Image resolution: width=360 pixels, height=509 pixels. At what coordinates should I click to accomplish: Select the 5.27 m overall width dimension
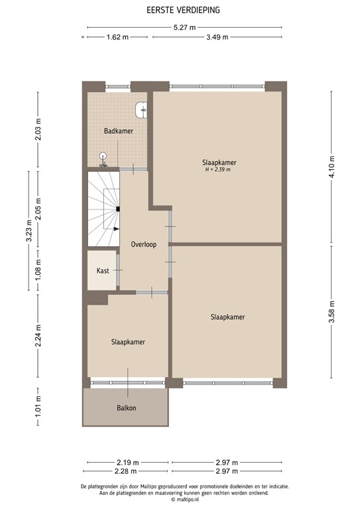(184, 28)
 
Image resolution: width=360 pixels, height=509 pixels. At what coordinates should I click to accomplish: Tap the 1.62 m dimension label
(117, 37)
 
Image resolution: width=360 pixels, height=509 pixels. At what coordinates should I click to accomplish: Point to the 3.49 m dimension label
(216, 37)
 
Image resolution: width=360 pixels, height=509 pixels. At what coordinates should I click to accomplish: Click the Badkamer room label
(119, 131)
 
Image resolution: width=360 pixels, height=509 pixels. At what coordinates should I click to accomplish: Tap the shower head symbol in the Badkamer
(103, 158)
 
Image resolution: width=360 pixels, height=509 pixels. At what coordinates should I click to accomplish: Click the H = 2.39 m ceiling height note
(219, 170)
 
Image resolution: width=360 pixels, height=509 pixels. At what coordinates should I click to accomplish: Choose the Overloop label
(143, 244)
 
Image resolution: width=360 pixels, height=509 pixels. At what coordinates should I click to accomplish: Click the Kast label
(103, 271)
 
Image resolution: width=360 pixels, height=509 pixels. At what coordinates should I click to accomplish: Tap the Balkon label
(126, 408)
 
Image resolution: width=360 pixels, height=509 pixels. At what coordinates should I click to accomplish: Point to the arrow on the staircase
(115, 229)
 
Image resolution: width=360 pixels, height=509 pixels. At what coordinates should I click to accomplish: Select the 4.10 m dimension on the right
(331, 163)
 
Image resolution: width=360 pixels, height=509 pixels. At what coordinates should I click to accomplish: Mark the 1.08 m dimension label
(38, 272)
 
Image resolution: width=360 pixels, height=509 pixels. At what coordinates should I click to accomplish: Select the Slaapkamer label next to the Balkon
(128, 342)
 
